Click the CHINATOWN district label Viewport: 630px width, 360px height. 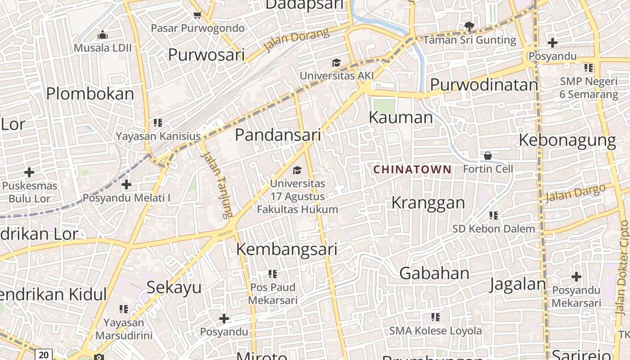pyautogui.click(x=412, y=169)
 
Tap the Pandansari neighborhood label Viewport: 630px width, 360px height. pyautogui.click(x=278, y=135)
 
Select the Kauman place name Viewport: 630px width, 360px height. pyautogui.click(x=400, y=117)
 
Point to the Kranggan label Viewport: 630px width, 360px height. pyautogui.click(x=428, y=202)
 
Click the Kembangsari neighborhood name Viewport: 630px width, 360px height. pyautogui.click(x=286, y=249)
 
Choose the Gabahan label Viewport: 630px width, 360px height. pyautogui.click(x=434, y=273)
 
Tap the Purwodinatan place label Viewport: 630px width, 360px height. pyautogui.click(x=484, y=85)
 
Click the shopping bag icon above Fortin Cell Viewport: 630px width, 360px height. pyautogui.click(x=487, y=156)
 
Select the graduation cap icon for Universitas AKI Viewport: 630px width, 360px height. pyautogui.click(x=336, y=63)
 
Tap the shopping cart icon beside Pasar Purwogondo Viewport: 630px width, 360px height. pyautogui.click(x=197, y=16)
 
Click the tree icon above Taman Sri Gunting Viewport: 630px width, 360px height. pyautogui.click(x=469, y=27)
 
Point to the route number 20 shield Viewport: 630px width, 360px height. pyautogui.click(x=44, y=355)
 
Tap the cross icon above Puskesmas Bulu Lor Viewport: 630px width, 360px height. pyautogui.click(x=29, y=172)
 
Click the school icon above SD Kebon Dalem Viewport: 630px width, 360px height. pyautogui.click(x=494, y=216)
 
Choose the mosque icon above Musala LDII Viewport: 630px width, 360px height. pyautogui.click(x=103, y=35)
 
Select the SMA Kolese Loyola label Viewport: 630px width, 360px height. pyautogui.click(x=435, y=331)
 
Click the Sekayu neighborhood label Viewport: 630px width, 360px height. pyautogui.click(x=174, y=287)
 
